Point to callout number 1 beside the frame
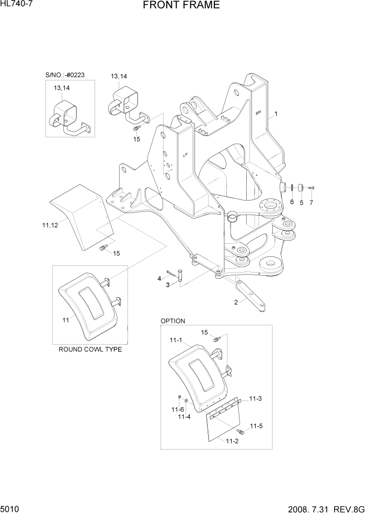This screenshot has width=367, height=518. point(276,114)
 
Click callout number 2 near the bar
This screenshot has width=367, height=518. point(236,302)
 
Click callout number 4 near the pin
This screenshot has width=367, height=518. point(159,279)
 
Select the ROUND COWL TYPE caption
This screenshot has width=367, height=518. point(90,349)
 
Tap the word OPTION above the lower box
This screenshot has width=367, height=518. point(173,321)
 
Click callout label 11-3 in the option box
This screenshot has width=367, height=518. point(255,399)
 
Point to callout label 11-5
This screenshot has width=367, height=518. point(256,427)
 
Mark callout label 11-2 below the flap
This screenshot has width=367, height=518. point(232,442)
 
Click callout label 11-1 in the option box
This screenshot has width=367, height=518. point(176,341)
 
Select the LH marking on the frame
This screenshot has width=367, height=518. point(185,155)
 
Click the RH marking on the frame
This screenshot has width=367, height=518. point(258,112)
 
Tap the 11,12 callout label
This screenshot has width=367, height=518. point(50,225)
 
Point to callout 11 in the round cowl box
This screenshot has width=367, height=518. point(66,320)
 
